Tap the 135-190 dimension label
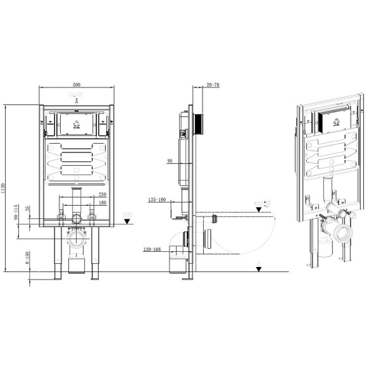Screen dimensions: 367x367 156,199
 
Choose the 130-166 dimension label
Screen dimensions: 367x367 153,249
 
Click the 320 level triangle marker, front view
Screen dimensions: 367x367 127,221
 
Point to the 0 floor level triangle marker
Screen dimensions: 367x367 259,268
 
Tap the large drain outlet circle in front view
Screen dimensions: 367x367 77,239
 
